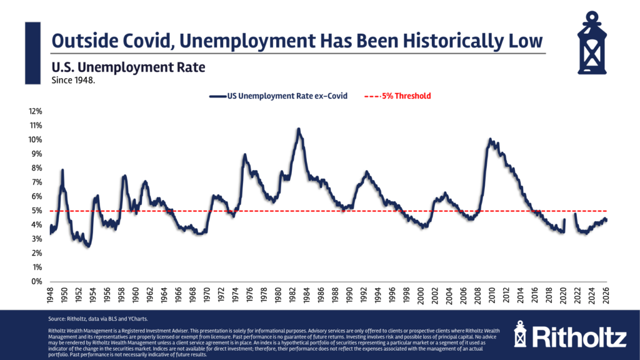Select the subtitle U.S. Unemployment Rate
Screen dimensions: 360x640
tap(128, 67)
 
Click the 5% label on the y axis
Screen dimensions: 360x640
tap(36, 211)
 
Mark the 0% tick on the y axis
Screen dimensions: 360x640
tap(36, 281)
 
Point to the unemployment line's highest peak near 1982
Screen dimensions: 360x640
tap(299, 129)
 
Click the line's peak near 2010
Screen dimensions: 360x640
tap(490, 139)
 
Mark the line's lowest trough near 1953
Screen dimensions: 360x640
tap(88, 246)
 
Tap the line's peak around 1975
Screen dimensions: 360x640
tap(245, 154)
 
